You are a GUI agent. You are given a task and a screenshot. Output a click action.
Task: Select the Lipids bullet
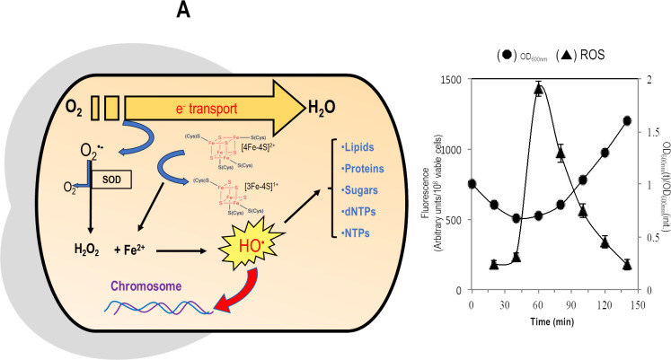366,145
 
